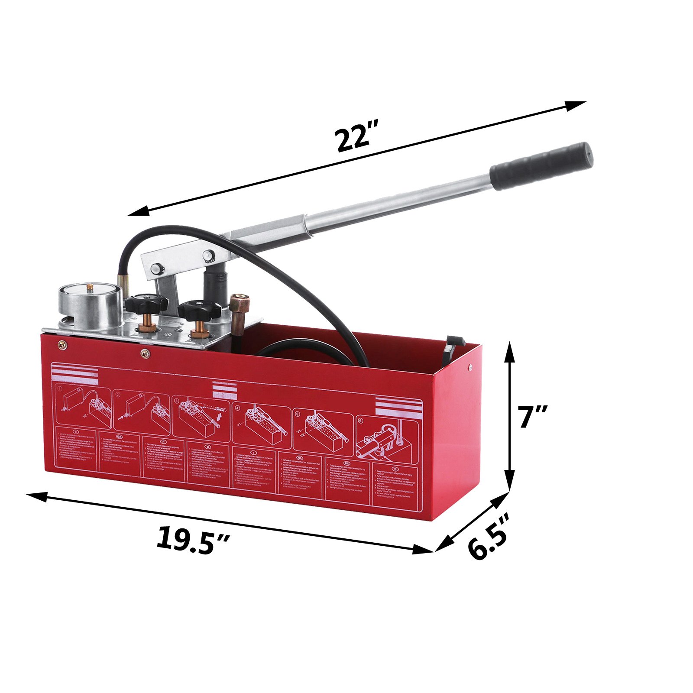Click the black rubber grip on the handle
click(x=541, y=166)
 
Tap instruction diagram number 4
click(x=261, y=422)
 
